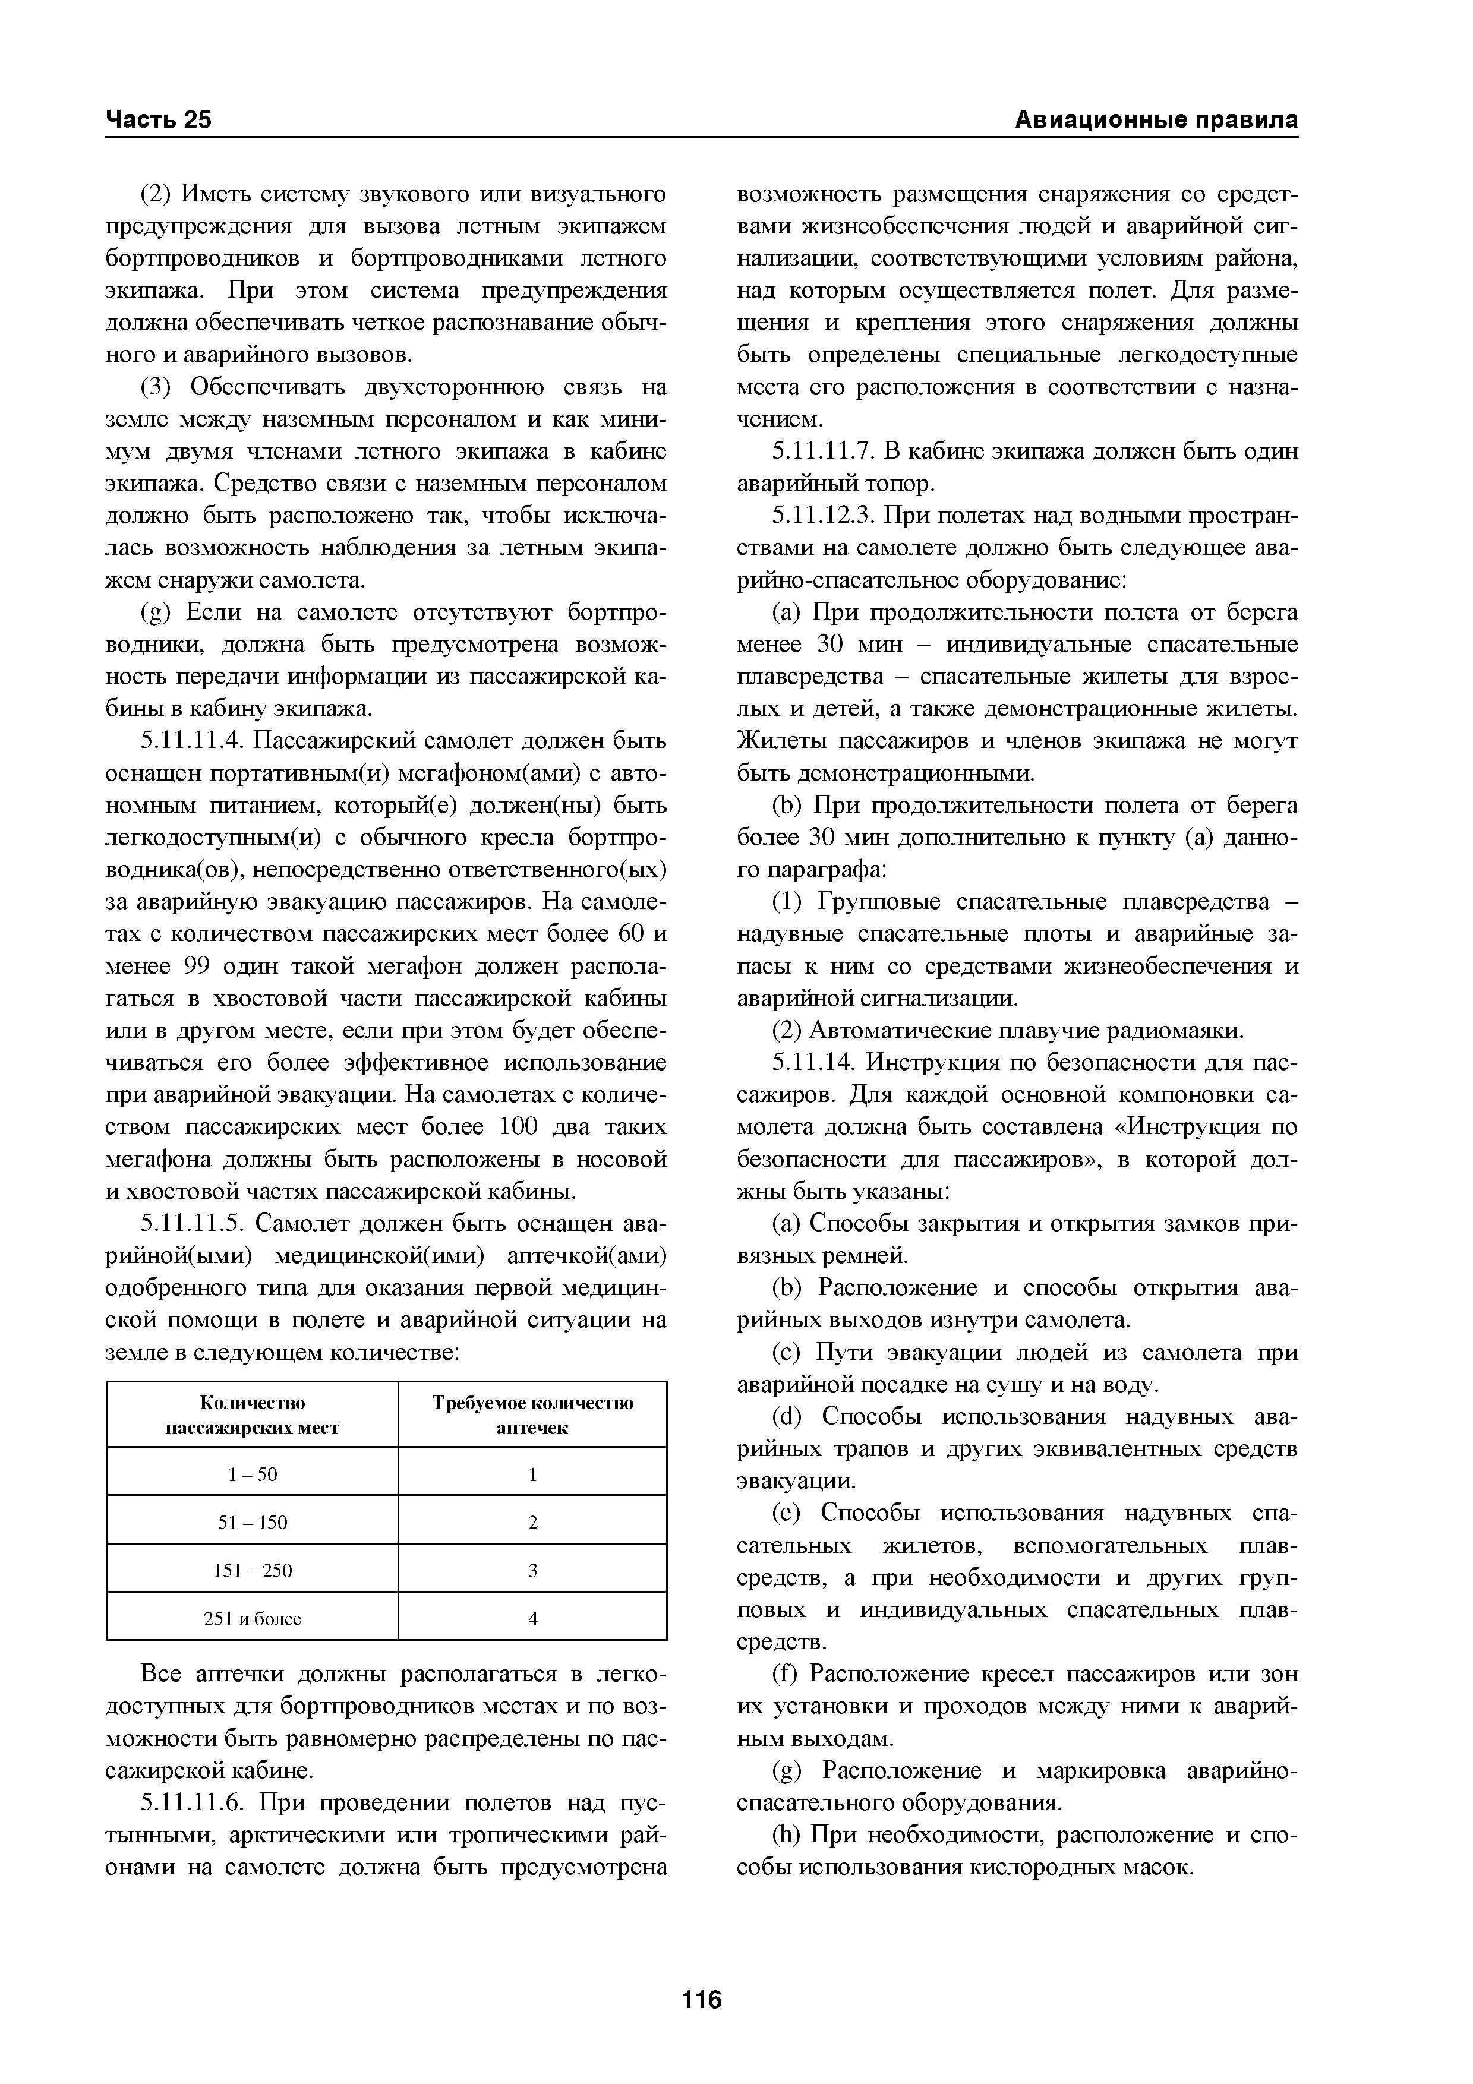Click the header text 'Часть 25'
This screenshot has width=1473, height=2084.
159,120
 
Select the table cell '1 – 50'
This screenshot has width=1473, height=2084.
253,1474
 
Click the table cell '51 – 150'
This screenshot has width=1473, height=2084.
253,1522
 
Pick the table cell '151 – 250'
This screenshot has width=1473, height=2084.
253,1570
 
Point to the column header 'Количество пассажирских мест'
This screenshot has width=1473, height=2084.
253,1415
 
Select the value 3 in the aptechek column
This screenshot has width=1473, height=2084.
533,1570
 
